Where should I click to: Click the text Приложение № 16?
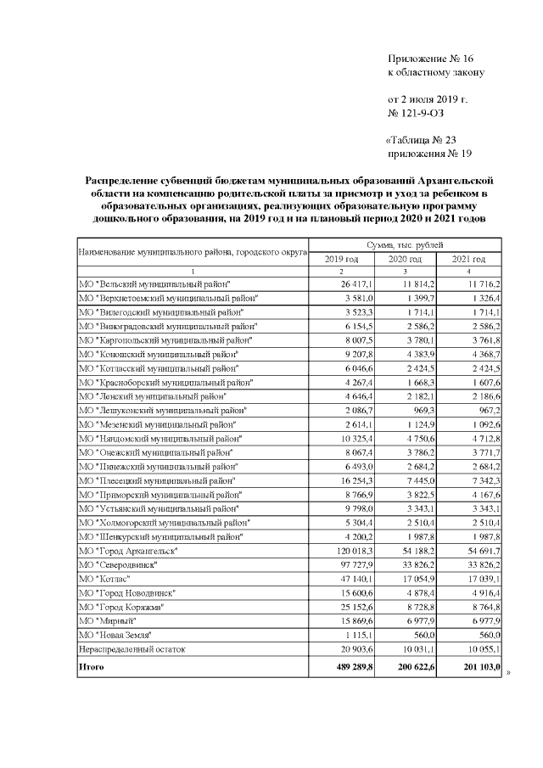click(429, 59)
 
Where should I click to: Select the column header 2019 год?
click(342, 259)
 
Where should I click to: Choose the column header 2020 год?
click(405, 259)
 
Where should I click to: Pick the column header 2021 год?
click(468, 259)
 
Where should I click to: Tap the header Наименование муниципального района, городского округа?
click(192, 252)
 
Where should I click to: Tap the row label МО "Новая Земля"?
click(115, 635)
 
